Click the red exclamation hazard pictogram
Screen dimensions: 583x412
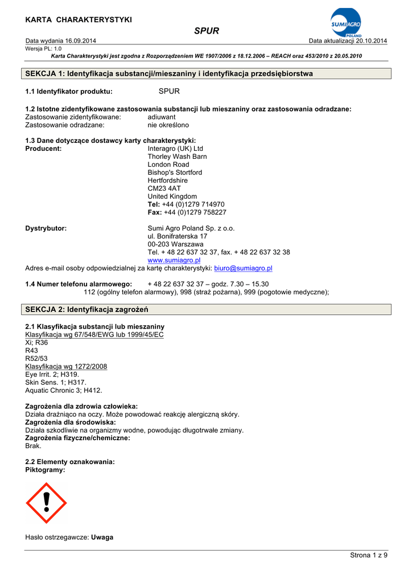[46, 503]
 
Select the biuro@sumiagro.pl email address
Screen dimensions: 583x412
[243, 268]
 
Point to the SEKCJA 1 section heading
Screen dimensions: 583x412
[170, 74]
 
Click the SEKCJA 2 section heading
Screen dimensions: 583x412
[87, 310]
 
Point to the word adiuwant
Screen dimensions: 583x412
[162, 117]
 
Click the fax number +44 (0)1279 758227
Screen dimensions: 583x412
[195, 212]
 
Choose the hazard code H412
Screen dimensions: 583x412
[93, 391]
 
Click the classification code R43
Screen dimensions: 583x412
[32, 351]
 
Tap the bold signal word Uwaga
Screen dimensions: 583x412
[102, 537]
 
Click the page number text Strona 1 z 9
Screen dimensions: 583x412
[368, 556]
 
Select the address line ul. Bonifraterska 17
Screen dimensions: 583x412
[178, 236]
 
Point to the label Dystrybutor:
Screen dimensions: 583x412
[46, 228]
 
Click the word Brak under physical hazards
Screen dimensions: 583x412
[34, 446]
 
